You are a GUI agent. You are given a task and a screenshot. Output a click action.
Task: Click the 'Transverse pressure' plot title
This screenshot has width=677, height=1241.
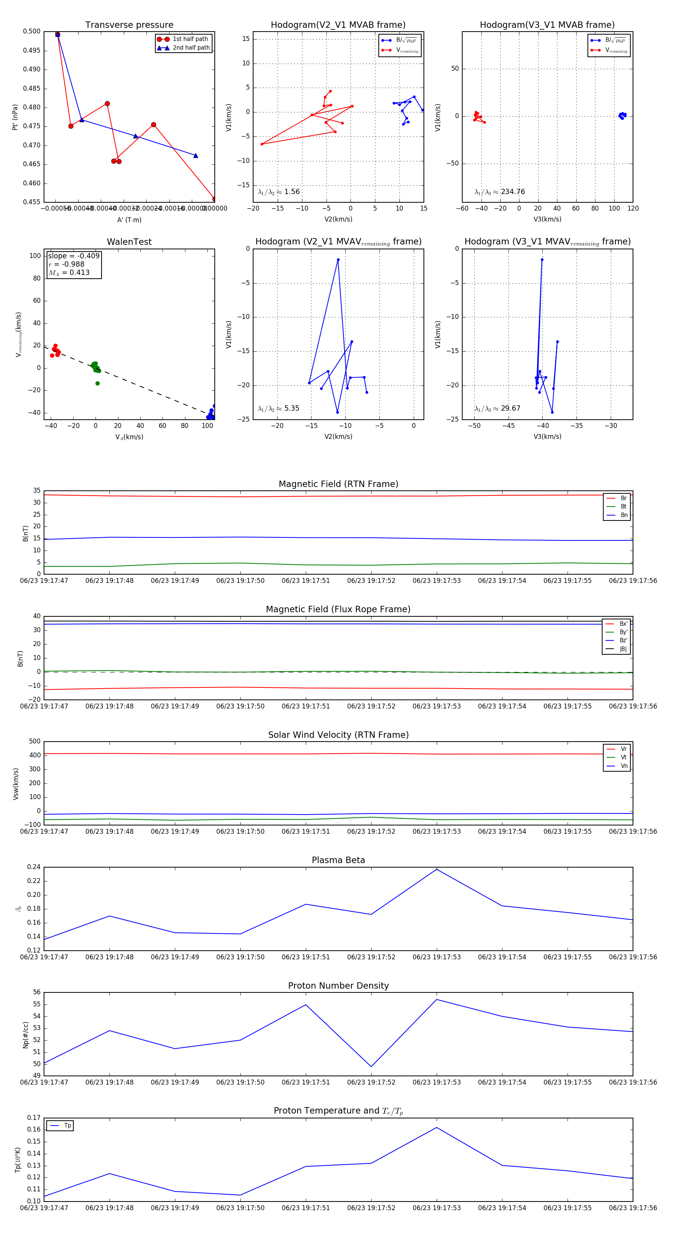[x=129, y=25]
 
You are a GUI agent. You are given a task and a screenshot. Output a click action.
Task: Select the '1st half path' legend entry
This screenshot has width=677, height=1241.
[x=190, y=39]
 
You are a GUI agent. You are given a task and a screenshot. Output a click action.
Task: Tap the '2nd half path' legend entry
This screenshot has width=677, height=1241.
[x=191, y=48]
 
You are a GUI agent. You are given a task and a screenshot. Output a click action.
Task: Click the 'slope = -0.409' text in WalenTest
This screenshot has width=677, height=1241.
[x=74, y=256]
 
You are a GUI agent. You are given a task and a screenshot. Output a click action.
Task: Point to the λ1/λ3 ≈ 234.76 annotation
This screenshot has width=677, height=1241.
[x=500, y=192]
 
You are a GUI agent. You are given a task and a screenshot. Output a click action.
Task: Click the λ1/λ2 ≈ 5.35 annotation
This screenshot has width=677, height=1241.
[x=278, y=408]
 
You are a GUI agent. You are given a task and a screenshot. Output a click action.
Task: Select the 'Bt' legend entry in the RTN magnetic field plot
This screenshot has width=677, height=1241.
[x=623, y=506]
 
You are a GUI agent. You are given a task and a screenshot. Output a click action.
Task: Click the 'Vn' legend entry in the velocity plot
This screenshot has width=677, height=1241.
[x=624, y=766]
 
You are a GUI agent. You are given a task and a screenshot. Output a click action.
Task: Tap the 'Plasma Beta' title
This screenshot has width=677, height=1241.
[x=338, y=860]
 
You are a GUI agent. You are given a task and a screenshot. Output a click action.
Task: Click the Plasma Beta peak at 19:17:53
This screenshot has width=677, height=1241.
[x=437, y=869]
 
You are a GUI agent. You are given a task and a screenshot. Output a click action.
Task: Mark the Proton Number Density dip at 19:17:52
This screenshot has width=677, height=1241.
[x=371, y=1067]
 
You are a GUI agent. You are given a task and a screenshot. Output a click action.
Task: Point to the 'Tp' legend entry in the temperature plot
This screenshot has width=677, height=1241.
[x=67, y=1126]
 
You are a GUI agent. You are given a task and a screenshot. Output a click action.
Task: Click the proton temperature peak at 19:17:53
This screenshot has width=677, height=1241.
[x=437, y=1128]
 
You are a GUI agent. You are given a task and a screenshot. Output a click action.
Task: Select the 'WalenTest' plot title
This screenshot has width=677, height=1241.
[x=129, y=242]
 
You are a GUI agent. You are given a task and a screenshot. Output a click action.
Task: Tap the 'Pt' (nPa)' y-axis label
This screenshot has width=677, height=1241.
[x=15, y=117]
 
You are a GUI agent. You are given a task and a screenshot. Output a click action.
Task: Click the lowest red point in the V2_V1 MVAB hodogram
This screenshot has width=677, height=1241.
[x=262, y=144]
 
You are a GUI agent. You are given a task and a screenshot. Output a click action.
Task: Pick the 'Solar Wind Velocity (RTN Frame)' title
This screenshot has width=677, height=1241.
[x=338, y=735]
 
